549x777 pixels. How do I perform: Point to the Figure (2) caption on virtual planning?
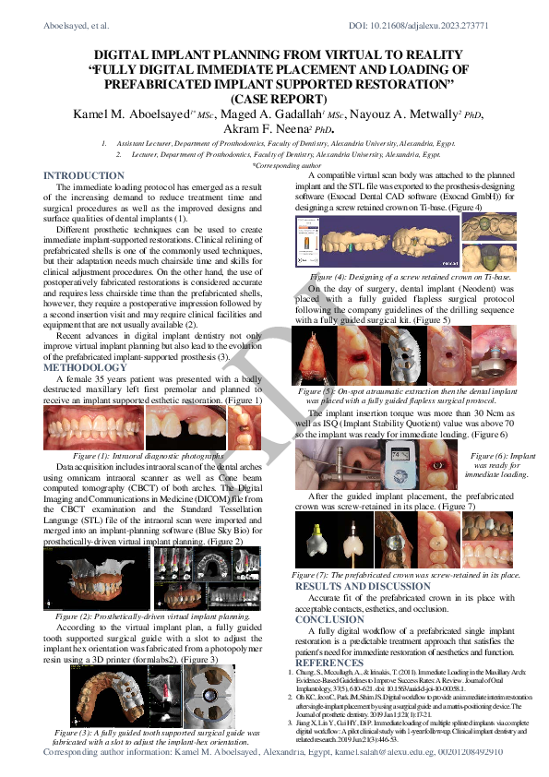152,614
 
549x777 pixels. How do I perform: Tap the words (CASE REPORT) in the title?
274,98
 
